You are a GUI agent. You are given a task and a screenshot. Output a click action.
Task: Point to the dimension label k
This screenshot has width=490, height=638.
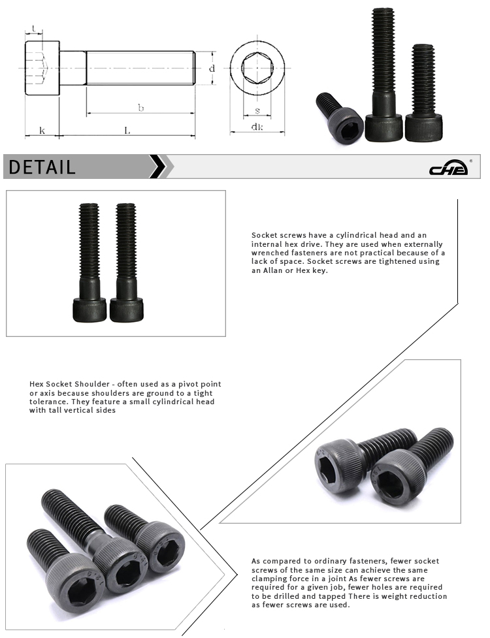pyautogui.click(x=42, y=131)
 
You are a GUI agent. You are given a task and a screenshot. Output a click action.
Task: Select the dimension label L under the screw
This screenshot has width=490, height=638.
pyautogui.click(x=127, y=131)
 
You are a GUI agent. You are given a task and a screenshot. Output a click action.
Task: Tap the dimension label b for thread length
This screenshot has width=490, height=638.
pyautogui.click(x=140, y=108)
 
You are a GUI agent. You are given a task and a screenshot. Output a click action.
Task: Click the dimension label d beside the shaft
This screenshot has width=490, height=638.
pyautogui.click(x=212, y=68)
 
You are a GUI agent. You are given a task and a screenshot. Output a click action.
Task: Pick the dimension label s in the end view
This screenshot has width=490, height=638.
pyautogui.click(x=257, y=110)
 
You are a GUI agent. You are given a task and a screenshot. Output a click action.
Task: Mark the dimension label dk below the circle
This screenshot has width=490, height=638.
pyautogui.click(x=257, y=127)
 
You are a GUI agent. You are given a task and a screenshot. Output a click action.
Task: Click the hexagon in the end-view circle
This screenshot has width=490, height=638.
pyautogui.click(x=257, y=68)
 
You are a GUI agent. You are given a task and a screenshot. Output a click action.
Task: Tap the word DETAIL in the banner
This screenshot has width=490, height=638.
pyautogui.click(x=42, y=167)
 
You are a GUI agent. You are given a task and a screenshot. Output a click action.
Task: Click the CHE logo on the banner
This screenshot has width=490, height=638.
pyautogui.click(x=448, y=169)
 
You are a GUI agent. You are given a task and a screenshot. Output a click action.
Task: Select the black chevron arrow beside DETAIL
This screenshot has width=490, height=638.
pyautogui.click(x=157, y=167)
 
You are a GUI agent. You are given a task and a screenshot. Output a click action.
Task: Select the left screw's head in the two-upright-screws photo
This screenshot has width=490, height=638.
pyautogui.click(x=90, y=308)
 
